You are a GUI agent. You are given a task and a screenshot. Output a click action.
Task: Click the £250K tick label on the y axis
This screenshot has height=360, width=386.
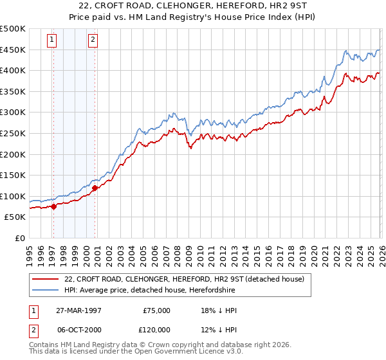[x=13, y=133]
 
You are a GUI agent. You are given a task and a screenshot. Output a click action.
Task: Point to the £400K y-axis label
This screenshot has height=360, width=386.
[x=13, y=71]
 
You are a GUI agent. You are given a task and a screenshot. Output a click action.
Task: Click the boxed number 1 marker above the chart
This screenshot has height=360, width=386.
[x=51, y=40]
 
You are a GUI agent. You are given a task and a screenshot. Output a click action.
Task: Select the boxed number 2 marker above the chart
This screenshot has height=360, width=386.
[x=93, y=40]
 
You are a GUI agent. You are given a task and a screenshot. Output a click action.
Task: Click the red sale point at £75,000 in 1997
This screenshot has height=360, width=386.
[x=54, y=206]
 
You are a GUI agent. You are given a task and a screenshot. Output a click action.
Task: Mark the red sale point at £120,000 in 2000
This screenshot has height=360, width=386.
[x=95, y=188]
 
